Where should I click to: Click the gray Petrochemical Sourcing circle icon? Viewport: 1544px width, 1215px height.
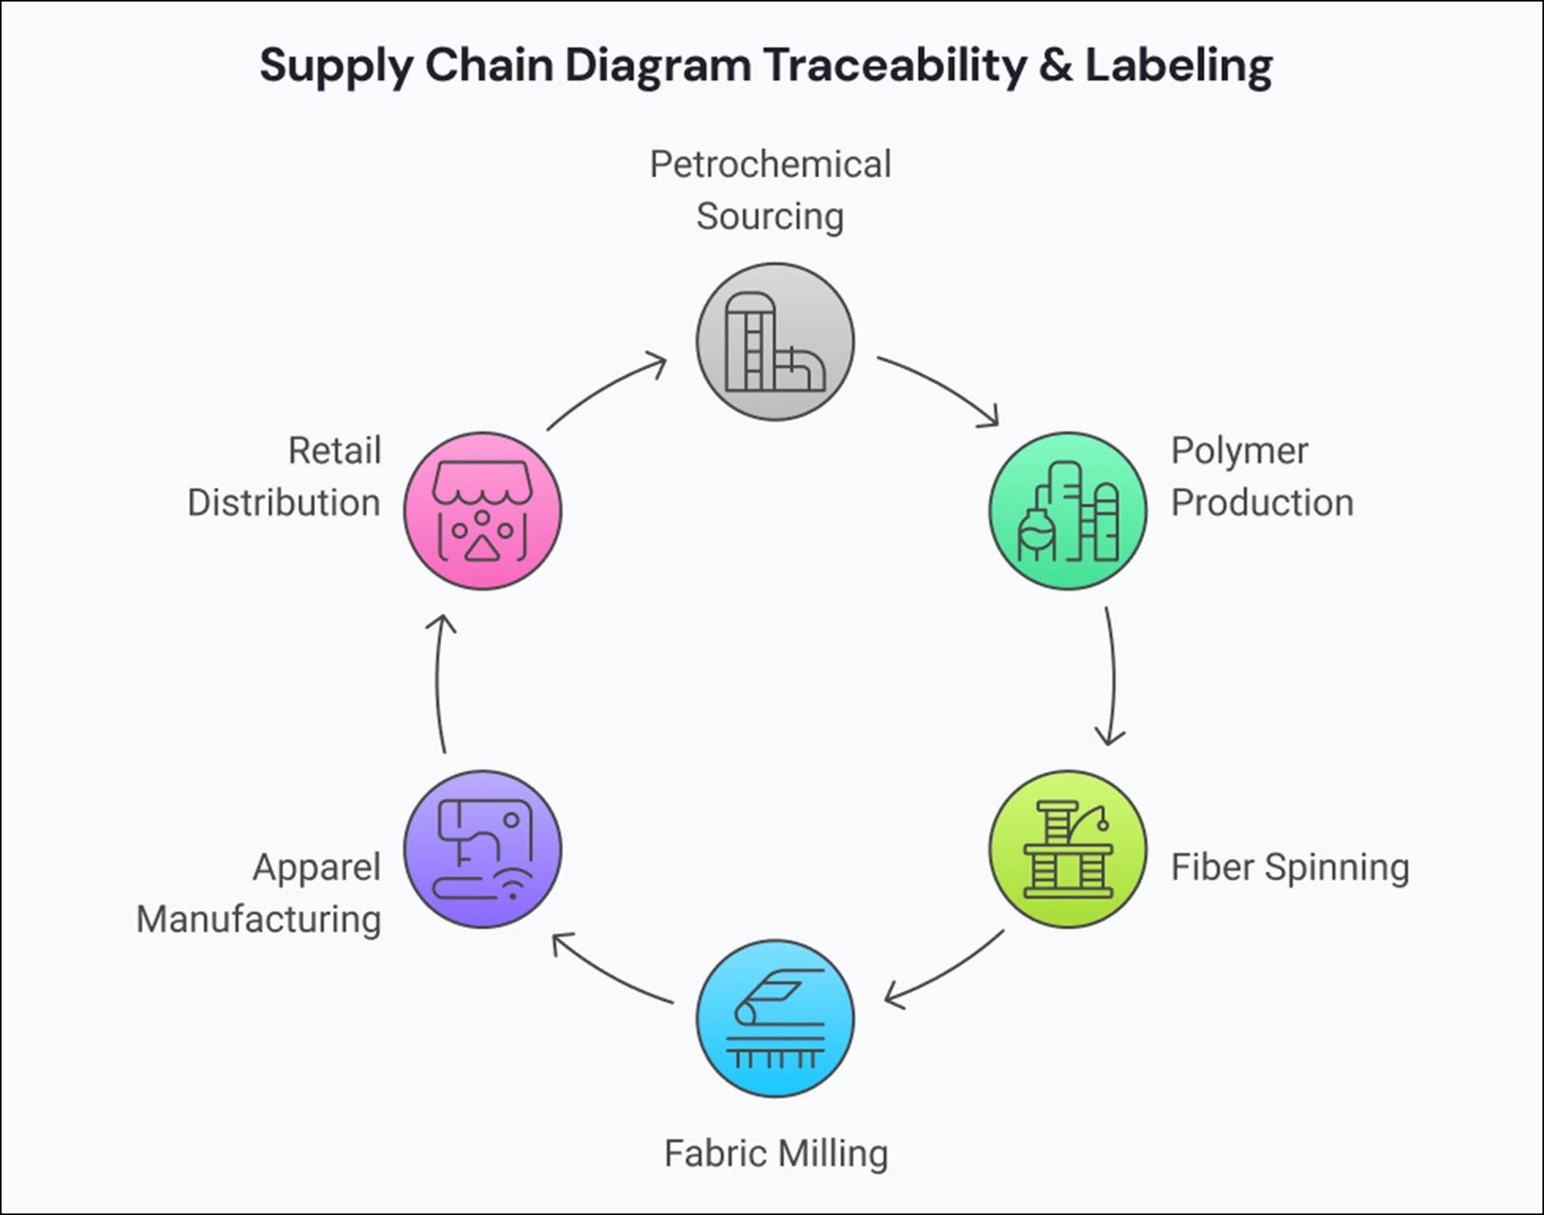click(774, 341)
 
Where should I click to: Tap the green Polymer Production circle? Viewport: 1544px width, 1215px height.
click(1068, 510)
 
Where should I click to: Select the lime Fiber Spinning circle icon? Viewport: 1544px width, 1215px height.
click(1068, 849)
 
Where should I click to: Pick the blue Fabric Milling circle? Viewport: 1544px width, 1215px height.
click(774, 1018)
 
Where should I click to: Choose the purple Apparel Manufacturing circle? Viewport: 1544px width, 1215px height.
click(482, 849)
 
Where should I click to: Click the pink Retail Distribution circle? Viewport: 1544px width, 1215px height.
click(482, 510)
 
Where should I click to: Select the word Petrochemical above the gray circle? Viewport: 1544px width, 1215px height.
click(770, 164)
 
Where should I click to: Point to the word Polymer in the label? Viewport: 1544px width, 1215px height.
click(1238, 451)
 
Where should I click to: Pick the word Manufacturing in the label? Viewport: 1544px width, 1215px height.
click(258, 919)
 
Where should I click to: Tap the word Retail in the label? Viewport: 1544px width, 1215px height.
click(334, 451)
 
